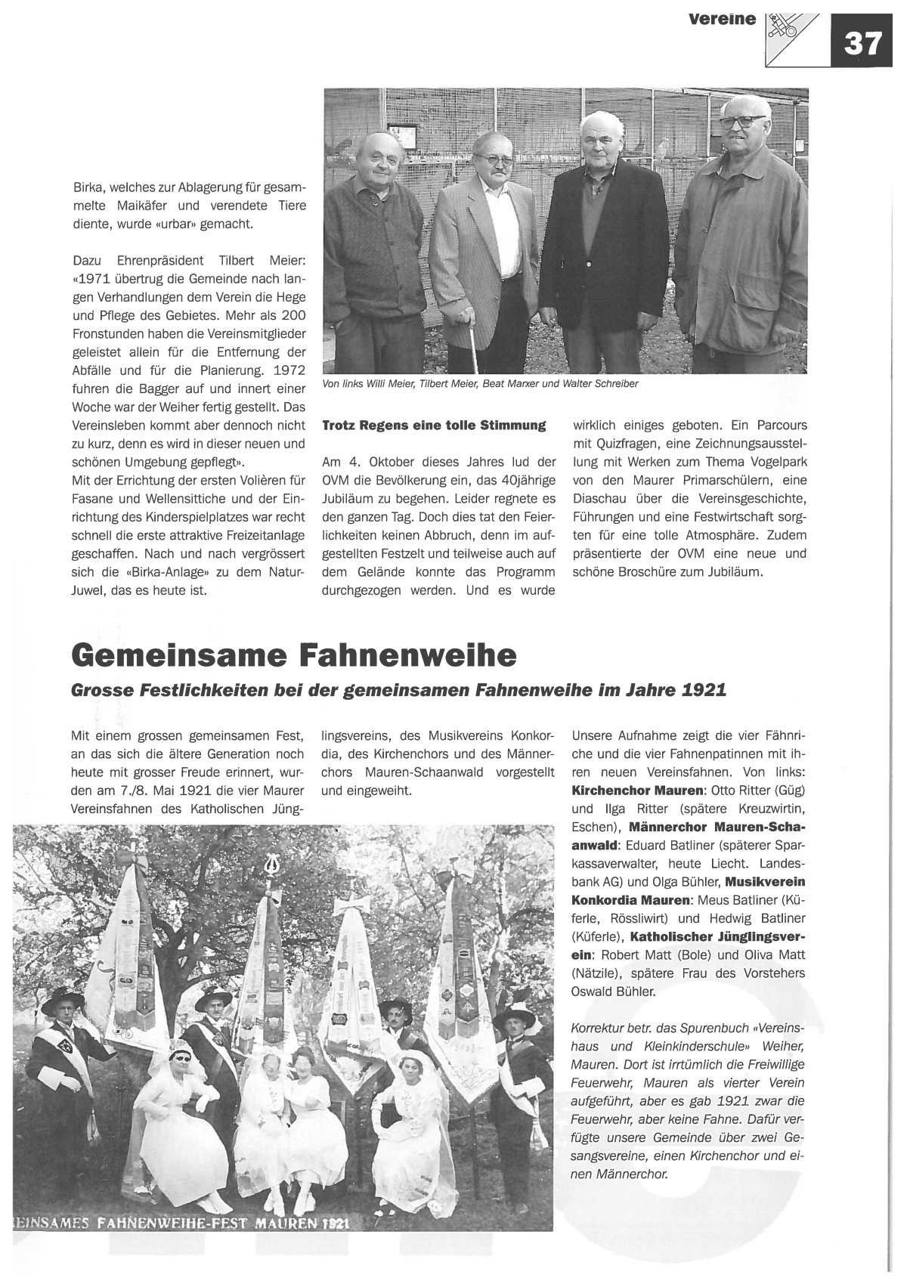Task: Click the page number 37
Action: click(862, 43)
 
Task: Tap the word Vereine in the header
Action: click(722, 19)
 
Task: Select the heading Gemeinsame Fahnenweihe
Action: click(294, 654)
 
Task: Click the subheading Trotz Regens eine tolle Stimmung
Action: click(434, 425)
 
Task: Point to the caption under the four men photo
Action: click(480, 384)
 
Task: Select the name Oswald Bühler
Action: click(614, 992)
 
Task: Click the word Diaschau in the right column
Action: click(598, 499)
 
